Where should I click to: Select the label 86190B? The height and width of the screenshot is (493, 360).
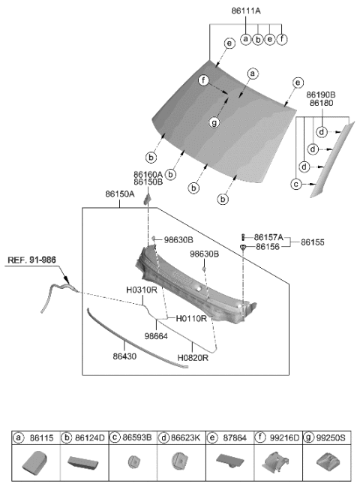320,95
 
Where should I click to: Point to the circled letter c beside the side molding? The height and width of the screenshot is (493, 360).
297,184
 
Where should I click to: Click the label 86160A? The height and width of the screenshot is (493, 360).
148,173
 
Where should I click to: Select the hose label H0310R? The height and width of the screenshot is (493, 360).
142,289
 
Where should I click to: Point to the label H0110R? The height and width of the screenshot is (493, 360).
192,318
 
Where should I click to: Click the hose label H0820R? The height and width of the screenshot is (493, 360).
194,358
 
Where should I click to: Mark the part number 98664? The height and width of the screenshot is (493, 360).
156,336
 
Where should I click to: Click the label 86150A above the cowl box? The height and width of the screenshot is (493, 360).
121,194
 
